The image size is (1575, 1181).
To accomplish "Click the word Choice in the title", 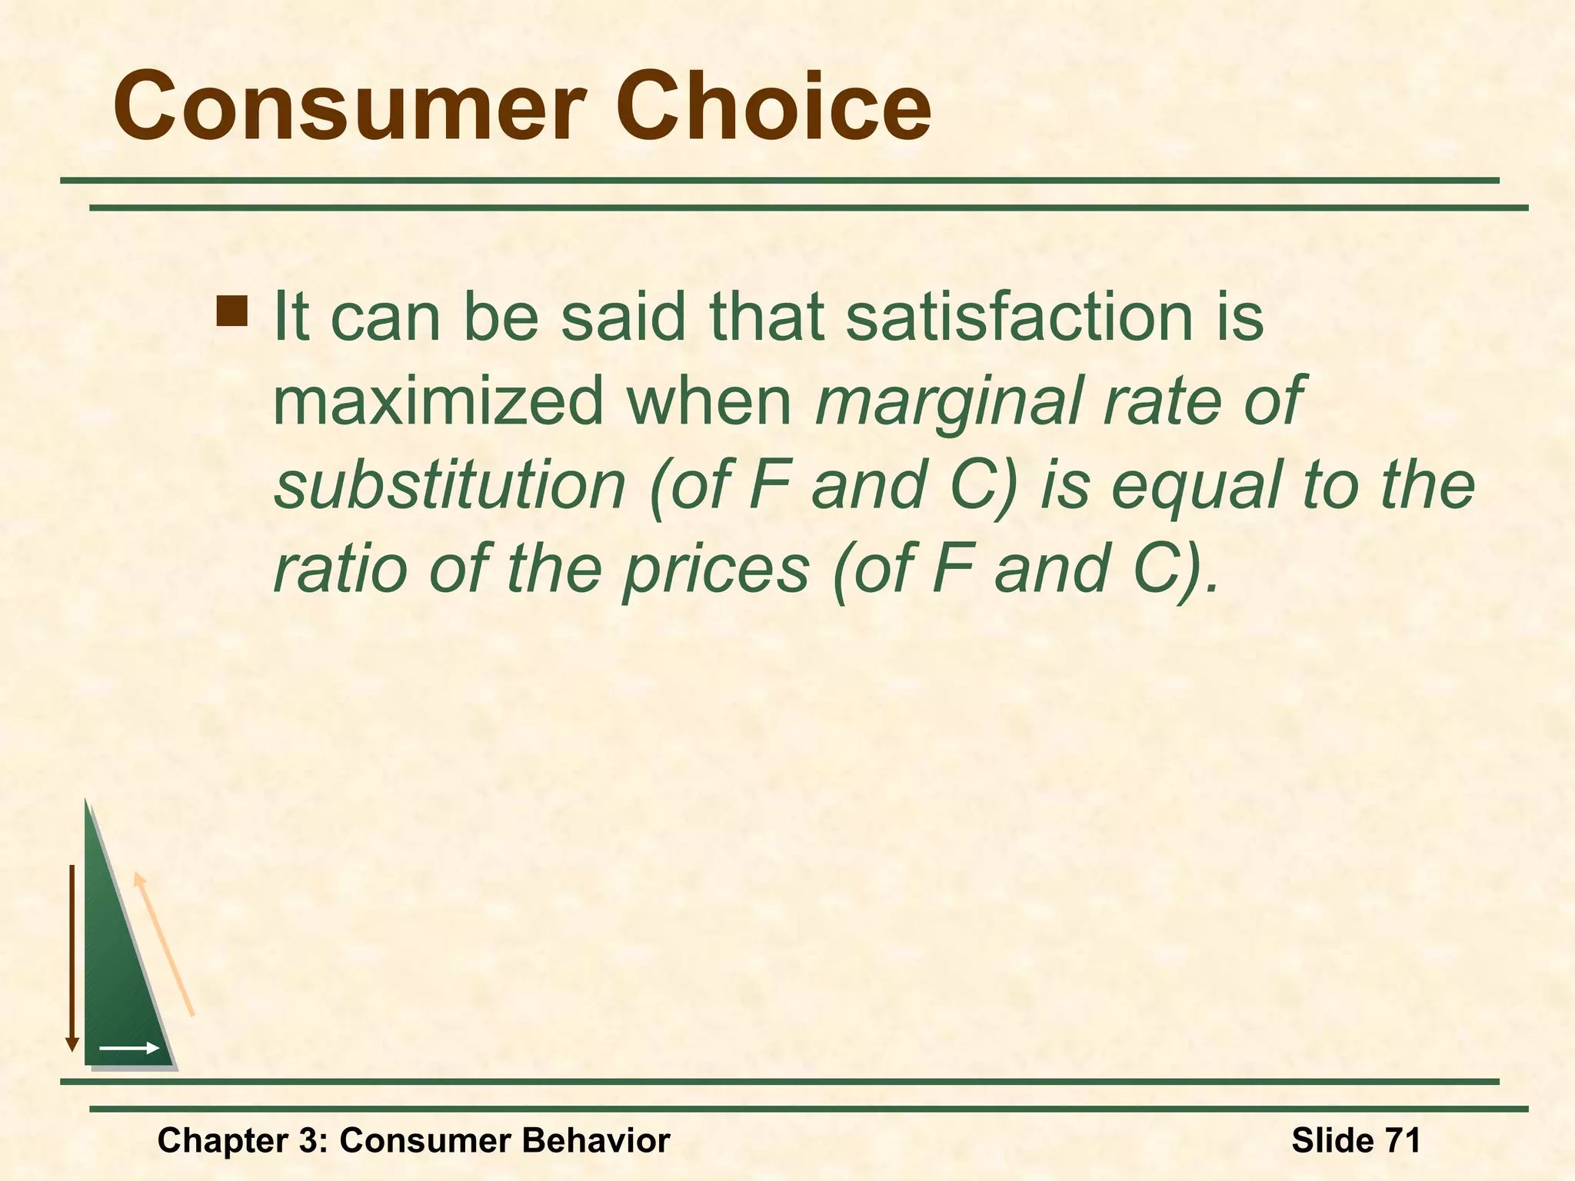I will tap(773, 108).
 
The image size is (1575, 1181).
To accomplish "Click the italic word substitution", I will tap(451, 486).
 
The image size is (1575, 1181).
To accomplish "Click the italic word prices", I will tap(716, 571).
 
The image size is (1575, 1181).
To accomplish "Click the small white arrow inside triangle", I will tap(128, 1048).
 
